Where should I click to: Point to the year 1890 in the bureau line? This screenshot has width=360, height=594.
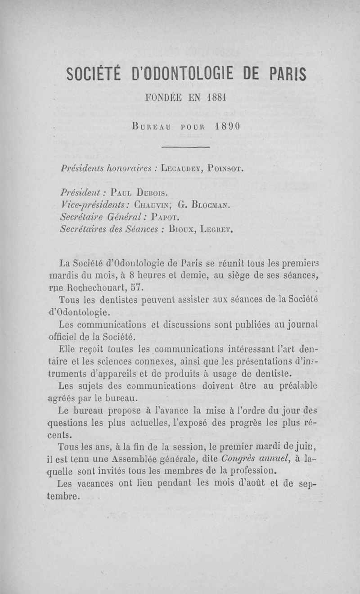click(x=229, y=126)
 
